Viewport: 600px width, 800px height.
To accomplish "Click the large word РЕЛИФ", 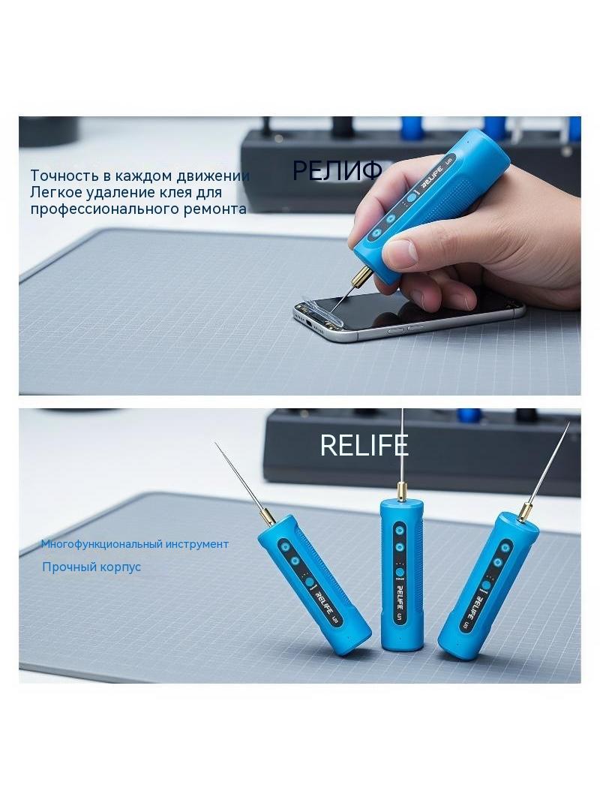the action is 337,170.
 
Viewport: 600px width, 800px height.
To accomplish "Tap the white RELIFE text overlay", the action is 364,445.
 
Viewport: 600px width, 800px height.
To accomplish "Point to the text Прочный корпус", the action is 91,567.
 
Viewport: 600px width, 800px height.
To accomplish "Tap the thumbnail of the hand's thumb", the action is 401,251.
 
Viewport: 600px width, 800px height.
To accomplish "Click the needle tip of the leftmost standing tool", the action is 216,444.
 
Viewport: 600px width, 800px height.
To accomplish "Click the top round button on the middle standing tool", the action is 400,531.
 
